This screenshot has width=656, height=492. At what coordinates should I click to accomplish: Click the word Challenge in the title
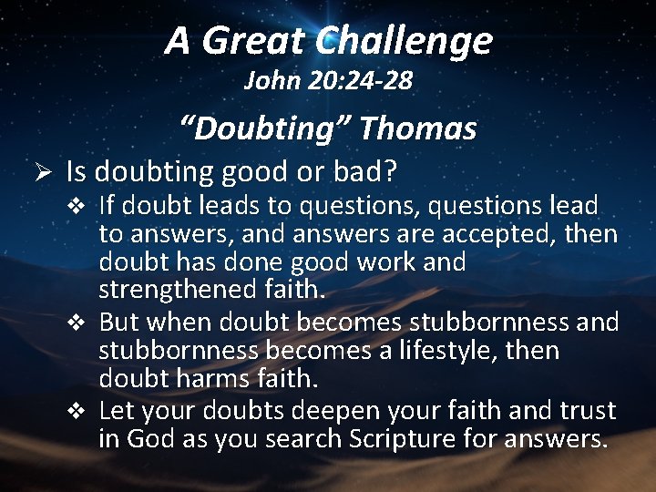405,41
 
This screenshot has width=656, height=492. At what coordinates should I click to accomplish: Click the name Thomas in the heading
417,128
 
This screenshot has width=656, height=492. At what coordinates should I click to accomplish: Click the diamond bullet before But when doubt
83,323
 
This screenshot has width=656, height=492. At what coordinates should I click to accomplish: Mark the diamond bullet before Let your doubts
83,411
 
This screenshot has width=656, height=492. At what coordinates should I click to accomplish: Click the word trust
582,411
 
